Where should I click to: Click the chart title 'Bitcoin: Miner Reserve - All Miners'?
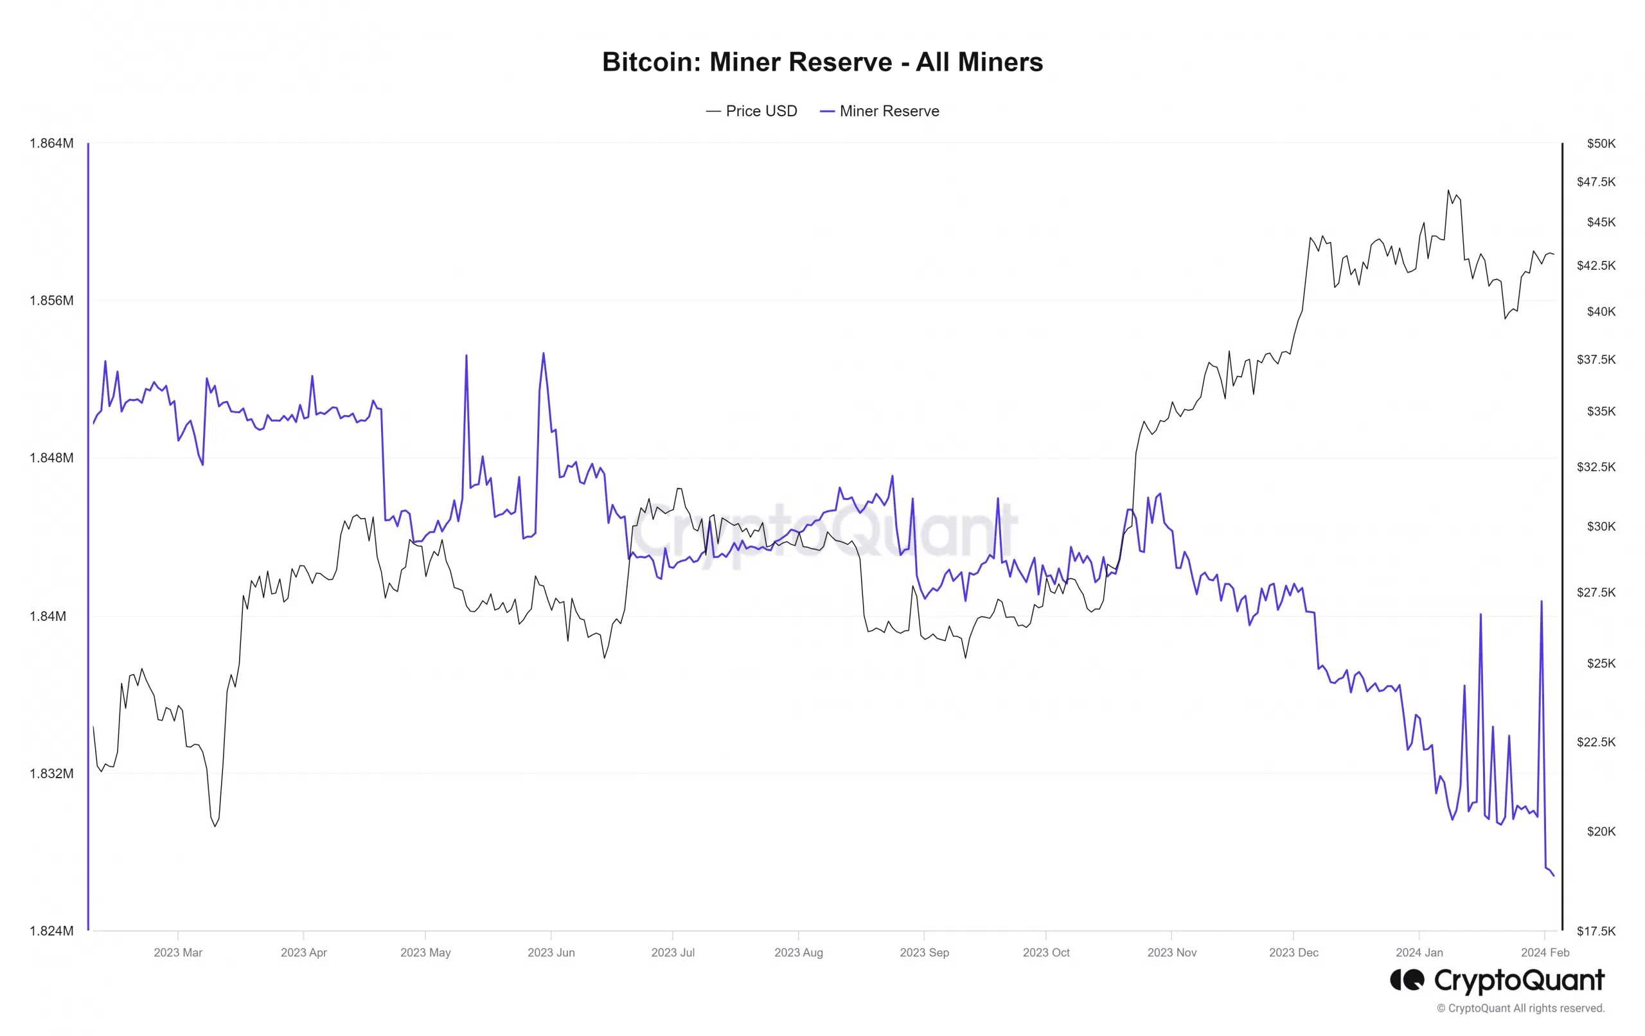822,62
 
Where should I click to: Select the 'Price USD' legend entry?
751,111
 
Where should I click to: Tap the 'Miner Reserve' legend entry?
880,111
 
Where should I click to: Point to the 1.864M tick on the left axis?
51,143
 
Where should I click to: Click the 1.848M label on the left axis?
51,458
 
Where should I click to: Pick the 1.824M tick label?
51,931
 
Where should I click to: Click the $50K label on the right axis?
1601,143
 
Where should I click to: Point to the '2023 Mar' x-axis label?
177,952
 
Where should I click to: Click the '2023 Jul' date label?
673,952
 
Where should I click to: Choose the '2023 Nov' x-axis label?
1171,952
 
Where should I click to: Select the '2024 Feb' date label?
1545,952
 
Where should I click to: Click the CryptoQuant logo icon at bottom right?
1407,981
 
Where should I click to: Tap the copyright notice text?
1521,1008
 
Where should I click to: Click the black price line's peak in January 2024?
1448,191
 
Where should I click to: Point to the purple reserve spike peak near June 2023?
543,353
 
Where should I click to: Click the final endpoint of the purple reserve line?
1554,875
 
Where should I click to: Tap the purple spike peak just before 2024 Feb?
1541,602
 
